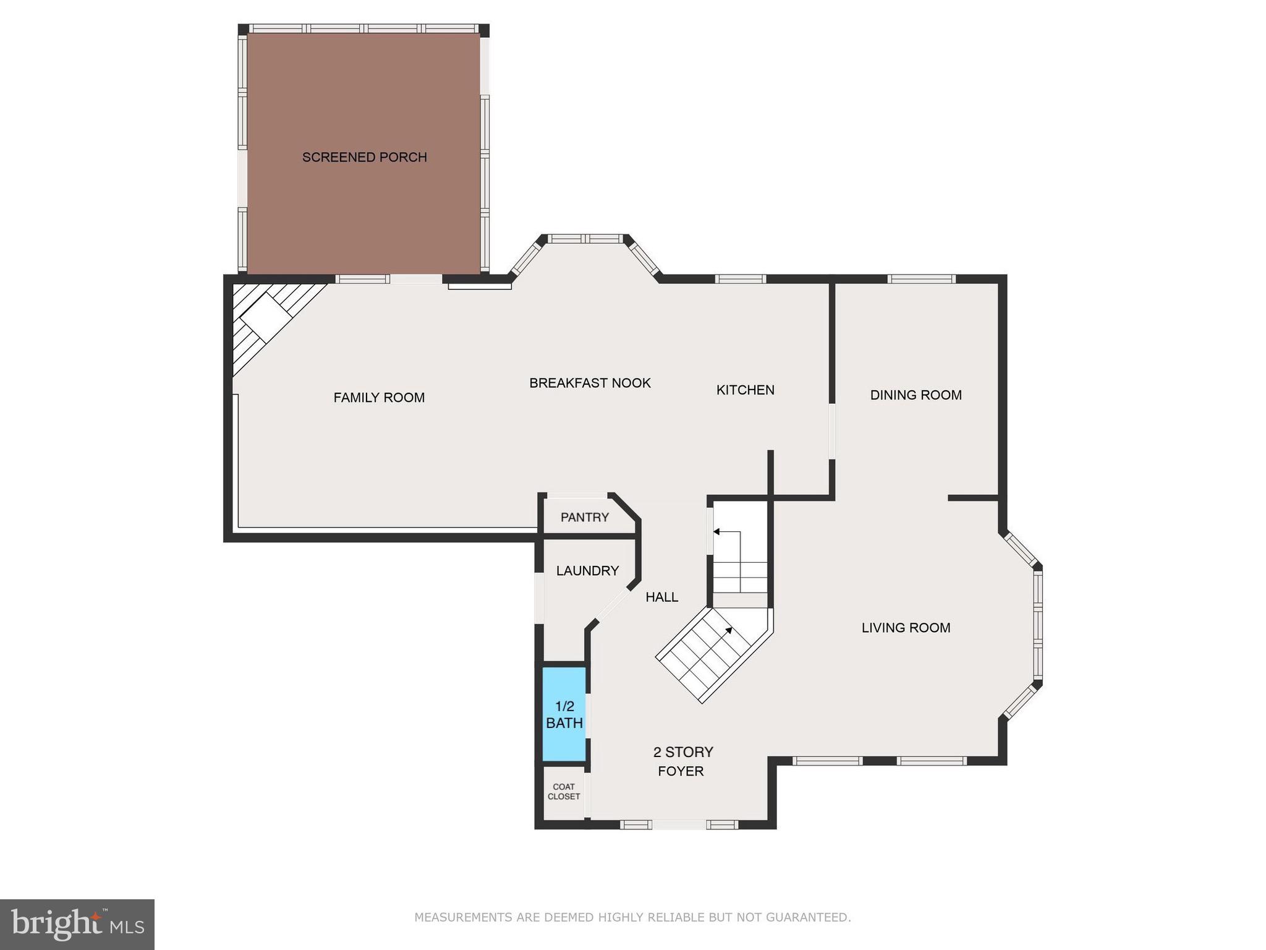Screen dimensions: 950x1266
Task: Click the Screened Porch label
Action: tap(364, 157)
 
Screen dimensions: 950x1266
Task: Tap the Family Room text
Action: tap(379, 398)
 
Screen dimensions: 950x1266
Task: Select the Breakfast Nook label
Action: tap(590, 383)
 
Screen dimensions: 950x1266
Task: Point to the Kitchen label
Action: tap(745, 390)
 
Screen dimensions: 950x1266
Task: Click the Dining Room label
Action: tap(916, 395)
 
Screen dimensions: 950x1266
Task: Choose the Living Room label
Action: tap(906, 628)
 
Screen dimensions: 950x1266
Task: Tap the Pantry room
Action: tap(584, 517)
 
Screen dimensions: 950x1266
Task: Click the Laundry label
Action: tap(587, 571)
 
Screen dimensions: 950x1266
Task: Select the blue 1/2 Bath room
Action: tap(564, 714)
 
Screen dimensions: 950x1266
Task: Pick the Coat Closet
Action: tap(563, 792)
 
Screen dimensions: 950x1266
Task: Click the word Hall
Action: tap(661, 597)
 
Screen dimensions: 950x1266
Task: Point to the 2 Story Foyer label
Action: tap(682, 761)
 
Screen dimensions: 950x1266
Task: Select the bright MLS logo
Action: tap(77, 925)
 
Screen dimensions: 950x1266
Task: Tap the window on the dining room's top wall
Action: tap(921, 279)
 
